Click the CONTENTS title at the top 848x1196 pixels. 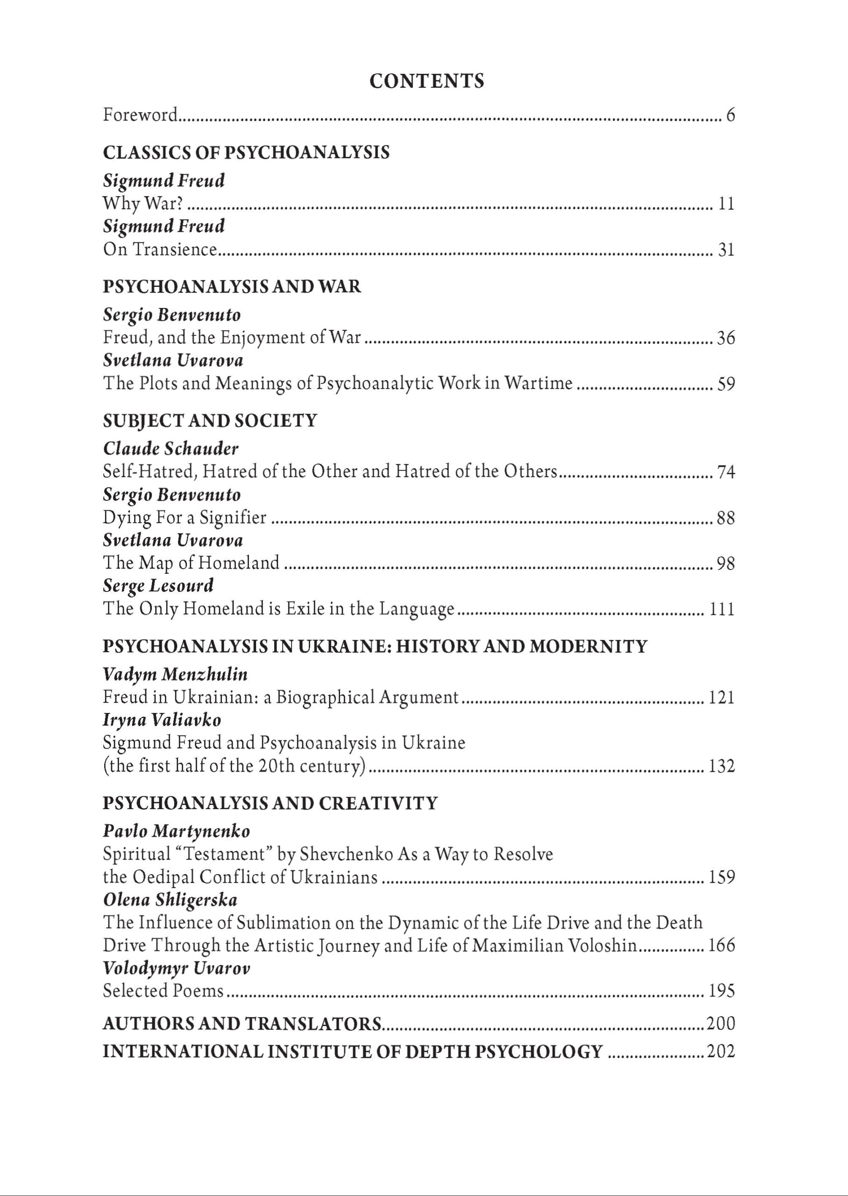(427, 81)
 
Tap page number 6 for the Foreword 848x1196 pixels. (730, 115)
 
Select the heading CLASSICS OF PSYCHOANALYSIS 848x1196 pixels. (246, 152)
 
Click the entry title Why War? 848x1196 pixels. (143, 203)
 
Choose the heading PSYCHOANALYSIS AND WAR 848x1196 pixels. (232, 286)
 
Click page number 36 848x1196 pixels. (726, 338)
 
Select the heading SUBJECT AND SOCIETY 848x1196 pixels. (210, 421)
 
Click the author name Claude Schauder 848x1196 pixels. (171, 448)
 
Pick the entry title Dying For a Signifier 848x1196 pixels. (185, 518)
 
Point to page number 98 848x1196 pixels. (726, 564)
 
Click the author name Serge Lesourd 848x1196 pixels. (158, 586)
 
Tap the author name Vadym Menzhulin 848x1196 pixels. (175, 675)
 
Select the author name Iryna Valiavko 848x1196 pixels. (162, 720)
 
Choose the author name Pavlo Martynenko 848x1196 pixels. (177, 831)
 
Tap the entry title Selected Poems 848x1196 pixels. (164, 991)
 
